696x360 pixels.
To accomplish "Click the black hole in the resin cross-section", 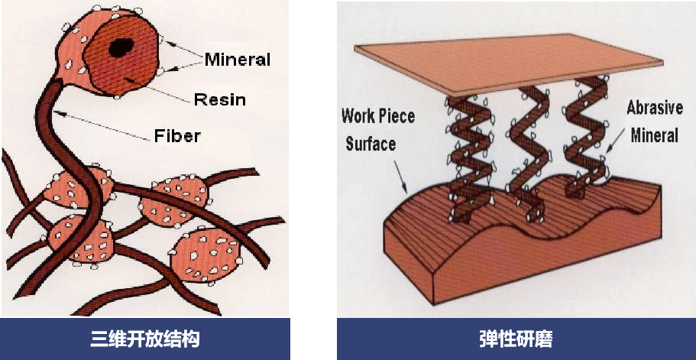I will point(118,48).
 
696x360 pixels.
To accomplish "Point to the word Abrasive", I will point(654,108).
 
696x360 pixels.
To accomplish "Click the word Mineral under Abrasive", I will point(654,135).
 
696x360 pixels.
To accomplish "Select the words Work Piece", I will point(378,116).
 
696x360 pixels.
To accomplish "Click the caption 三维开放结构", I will point(145,339).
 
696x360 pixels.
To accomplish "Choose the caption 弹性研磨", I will point(516,339).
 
